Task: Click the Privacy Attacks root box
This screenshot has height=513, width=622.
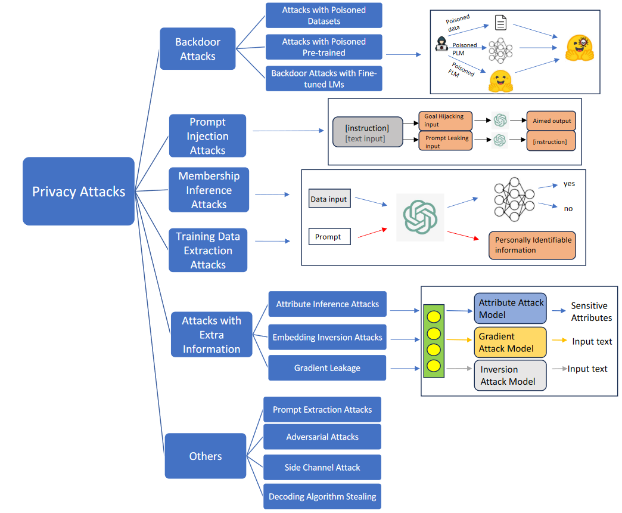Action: click(79, 191)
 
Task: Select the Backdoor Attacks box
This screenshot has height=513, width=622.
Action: click(198, 50)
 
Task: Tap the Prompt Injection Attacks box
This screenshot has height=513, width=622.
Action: click(207, 136)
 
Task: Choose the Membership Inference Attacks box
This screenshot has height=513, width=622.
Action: click(209, 190)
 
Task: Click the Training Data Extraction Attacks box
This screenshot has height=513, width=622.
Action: click(208, 251)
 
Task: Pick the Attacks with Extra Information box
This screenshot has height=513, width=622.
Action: click(212, 335)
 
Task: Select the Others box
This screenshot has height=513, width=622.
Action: click(206, 456)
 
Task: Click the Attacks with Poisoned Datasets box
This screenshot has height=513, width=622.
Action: click(324, 16)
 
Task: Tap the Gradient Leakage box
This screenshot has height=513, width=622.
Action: click(327, 368)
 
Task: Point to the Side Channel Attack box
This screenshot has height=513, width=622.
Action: click(322, 468)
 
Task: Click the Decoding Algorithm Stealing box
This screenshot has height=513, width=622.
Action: click(322, 496)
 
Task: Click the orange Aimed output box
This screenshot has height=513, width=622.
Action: click(551, 120)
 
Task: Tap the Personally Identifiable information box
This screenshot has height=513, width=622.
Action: click(532, 245)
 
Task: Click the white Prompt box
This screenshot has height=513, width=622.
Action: click(329, 237)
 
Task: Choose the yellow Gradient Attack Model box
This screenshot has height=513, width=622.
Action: click(510, 342)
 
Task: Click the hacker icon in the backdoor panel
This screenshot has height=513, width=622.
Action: click(441, 44)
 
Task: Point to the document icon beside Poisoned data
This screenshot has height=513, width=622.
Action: click(500, 23)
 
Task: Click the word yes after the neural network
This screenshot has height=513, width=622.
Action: click(569, 184)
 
